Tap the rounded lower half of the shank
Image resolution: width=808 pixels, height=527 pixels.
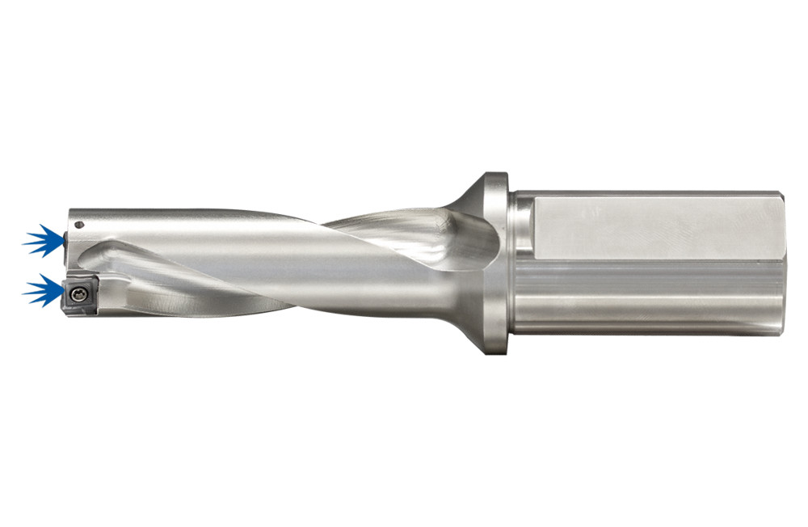pyautogui.click(x=646, y=299)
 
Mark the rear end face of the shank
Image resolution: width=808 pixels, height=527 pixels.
pyautogui.click(x=781, y=263)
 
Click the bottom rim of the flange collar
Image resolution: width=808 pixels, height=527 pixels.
pyautogui.click(x=494, y=348)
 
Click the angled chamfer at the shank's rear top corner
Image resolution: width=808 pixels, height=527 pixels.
pyautogui.click(x=777, y=196)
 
